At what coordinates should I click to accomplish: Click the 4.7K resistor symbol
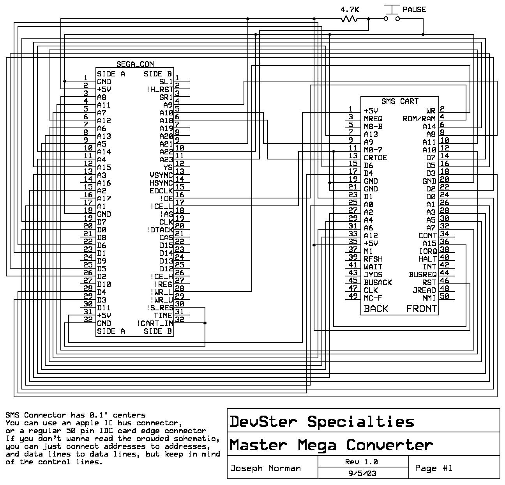349,18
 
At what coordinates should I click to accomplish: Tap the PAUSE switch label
414,9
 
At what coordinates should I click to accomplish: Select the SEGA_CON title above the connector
135,64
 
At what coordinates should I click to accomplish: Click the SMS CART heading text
399,101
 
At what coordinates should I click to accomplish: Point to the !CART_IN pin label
155,323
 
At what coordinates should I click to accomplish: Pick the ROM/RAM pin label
419,119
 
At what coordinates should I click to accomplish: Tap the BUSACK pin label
378,282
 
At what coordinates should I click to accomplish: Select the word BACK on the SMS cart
376,309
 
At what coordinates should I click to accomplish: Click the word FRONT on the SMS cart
422,309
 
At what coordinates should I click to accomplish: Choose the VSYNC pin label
161,175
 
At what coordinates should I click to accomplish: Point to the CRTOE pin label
375,158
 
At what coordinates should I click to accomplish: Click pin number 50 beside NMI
444,296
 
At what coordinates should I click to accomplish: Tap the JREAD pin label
424,290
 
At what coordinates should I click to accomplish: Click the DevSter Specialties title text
321,421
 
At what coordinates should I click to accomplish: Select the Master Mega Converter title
331,445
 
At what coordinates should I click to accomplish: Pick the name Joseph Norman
265,468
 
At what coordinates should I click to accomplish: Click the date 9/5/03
362,473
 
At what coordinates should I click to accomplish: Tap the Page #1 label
434,468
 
